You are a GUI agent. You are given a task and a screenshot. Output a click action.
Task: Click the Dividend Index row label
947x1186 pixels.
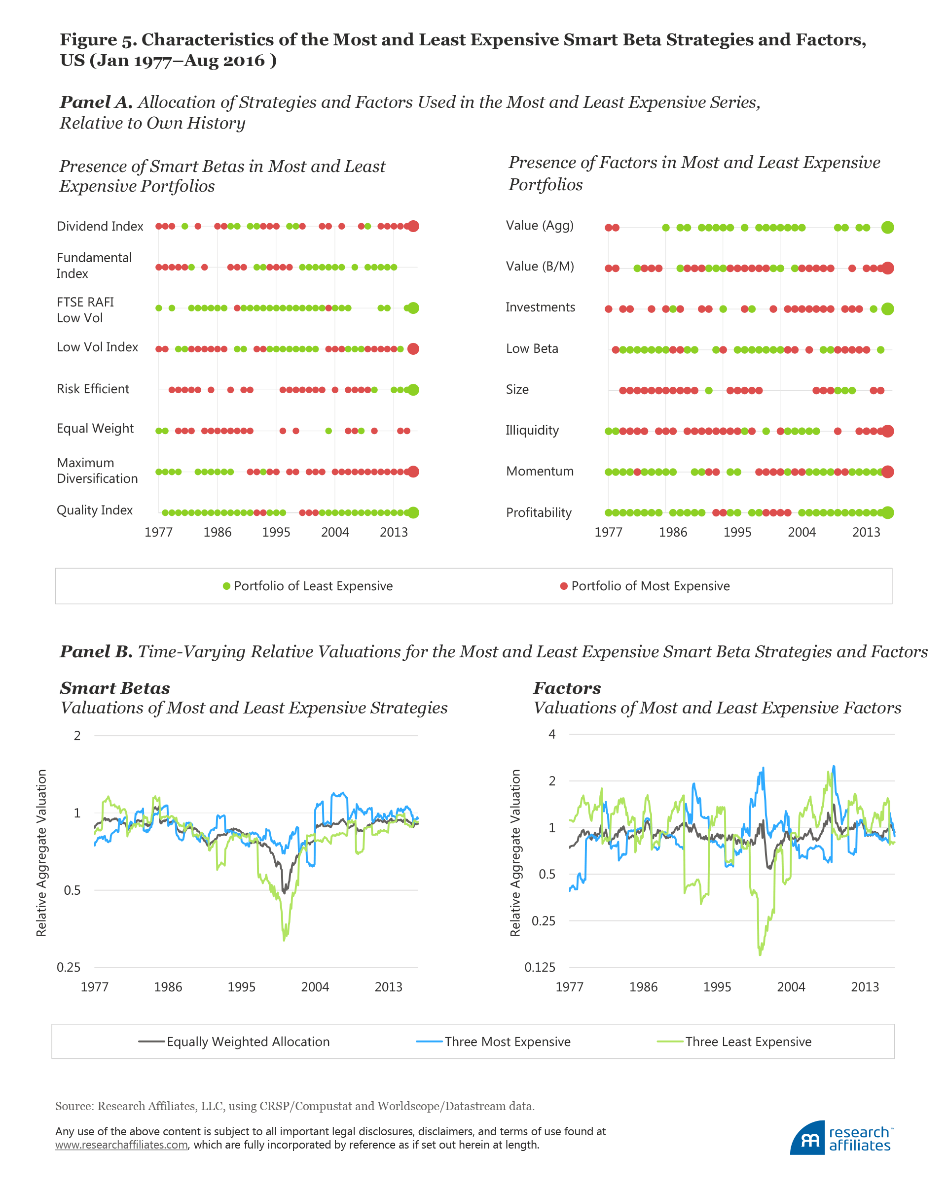click(100, 226)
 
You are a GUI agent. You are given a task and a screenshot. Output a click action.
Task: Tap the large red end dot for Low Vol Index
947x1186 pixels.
click(413, 349)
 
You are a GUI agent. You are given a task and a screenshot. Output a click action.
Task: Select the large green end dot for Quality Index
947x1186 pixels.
click(413, 513)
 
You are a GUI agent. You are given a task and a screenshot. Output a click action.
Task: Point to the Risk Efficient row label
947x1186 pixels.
click(93, 389)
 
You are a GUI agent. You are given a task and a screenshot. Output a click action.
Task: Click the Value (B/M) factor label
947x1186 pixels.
click(540, 266)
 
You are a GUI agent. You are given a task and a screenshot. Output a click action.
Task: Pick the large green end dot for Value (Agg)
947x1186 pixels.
click(887, 227)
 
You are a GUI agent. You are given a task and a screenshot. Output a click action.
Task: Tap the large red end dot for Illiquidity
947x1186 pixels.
click(887, 431)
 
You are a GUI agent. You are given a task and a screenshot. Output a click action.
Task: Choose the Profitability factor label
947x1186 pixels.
click(539, 513)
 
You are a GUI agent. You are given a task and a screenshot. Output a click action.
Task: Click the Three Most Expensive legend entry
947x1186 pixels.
click(507, 1042)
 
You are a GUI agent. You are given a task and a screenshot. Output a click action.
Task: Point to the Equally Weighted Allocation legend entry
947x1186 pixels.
click(248, 1042)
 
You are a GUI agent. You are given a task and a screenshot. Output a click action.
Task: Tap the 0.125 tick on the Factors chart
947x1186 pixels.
click(540, 967)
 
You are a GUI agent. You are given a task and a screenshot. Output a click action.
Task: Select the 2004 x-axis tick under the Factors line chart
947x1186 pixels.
click(791, 987)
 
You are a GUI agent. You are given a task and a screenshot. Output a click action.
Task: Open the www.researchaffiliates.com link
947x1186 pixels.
click(121, 1145)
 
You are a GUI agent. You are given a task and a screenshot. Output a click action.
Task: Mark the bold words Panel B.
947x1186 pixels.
click(96, 652)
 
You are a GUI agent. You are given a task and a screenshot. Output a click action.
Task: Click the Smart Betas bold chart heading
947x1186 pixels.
click(115, 688)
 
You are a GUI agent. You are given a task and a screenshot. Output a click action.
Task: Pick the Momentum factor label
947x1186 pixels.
click(540, 472)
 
